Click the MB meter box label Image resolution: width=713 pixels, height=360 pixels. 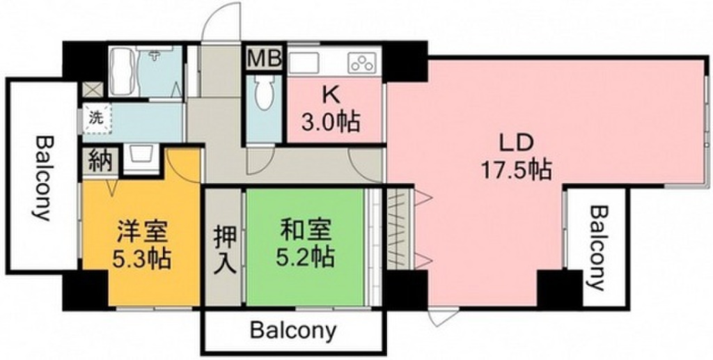pyautogui.click(x=265, y=58)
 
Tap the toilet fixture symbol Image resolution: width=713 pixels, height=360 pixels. pyautogui.click(x=263, y=93)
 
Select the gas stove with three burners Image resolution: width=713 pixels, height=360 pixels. pyautogui.click(x=363, y=63)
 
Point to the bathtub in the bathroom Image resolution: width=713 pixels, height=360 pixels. pyautogui.click(x=123, y=71)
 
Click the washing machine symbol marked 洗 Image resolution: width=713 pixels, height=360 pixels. pyautogui.click(x=96, y=118)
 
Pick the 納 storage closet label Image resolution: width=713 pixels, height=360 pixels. pyautogui.click(x=100, y=161)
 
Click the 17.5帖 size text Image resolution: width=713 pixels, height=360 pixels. pyautogui.click(x=515, y=171)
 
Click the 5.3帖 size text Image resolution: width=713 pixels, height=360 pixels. pyautogui.click(x=142, y=259)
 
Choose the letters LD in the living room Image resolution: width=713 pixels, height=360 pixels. pyautogui.click(x=516, y=144)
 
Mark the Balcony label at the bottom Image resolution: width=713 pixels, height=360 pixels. pyautogui.click(x=293, y=331)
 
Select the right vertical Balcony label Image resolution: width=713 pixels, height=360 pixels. pyautogui.click(x=599, y=248)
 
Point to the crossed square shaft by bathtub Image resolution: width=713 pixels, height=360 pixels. pyautogui.click(x=93, y=89)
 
